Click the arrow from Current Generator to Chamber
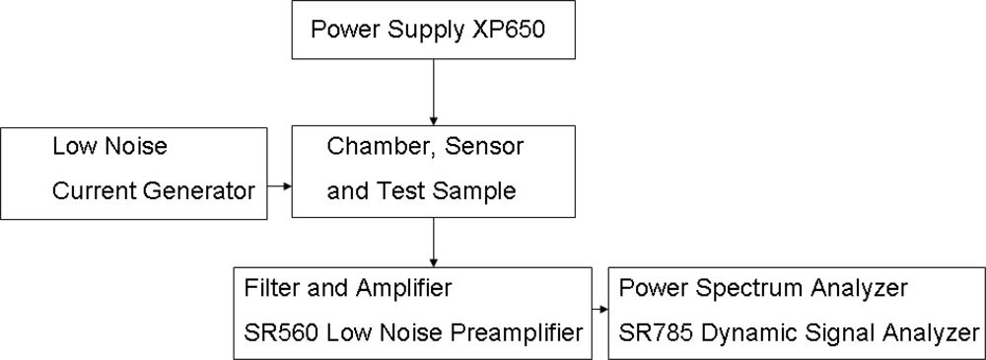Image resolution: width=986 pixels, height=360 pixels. [x=280, y=185]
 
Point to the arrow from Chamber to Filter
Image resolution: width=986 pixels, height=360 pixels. [x=434, y=241]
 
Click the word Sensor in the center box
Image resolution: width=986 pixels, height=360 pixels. [x=486, y=147]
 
